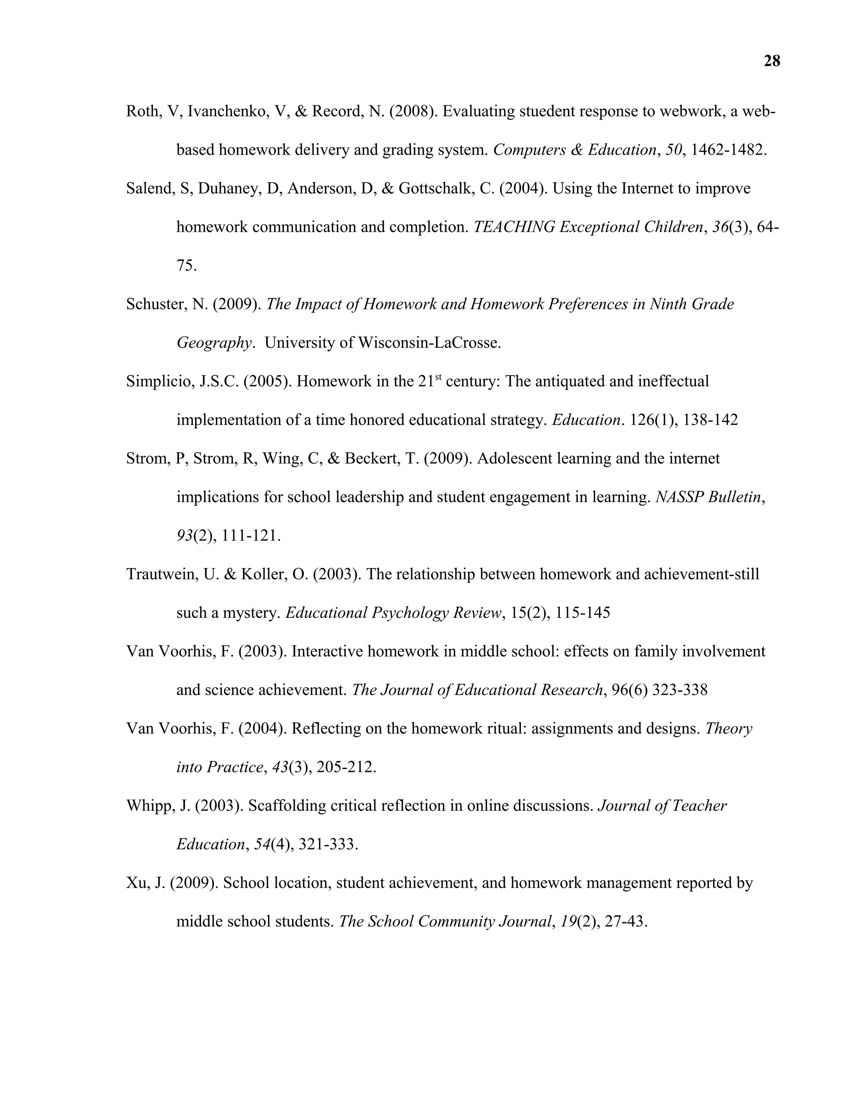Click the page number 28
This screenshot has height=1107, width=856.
tap(771, 61)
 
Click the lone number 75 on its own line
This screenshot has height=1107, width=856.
tap(186, 266)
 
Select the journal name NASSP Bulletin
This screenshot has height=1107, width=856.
tap(708, 497)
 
